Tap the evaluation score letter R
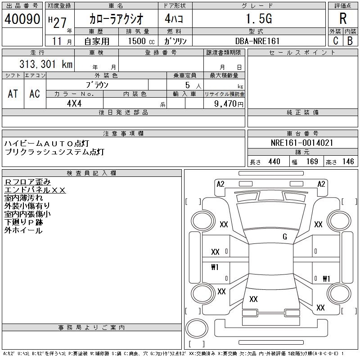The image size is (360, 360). pyautogui.click(x=343, y=19)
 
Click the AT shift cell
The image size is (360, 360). pyautogui.click(x=13, y=94)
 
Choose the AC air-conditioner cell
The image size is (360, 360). pyautogui.click(x=35, y=94)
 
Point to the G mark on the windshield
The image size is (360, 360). pyautogui.click(x=284, y=237)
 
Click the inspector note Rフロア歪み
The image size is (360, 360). pyautogui.click(x=27, y=182)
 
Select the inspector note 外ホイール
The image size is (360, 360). pyautogui.click(x=23, y=230)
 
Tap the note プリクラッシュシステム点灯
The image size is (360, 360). pyautogui.click(x=54, y=152)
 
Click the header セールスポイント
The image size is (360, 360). pyautogui.click(x=302, y=53)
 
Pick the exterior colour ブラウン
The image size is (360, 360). pyautogui.click(x=97, y=85)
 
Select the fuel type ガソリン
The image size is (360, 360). pyautogui.click(x=178, y=41)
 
